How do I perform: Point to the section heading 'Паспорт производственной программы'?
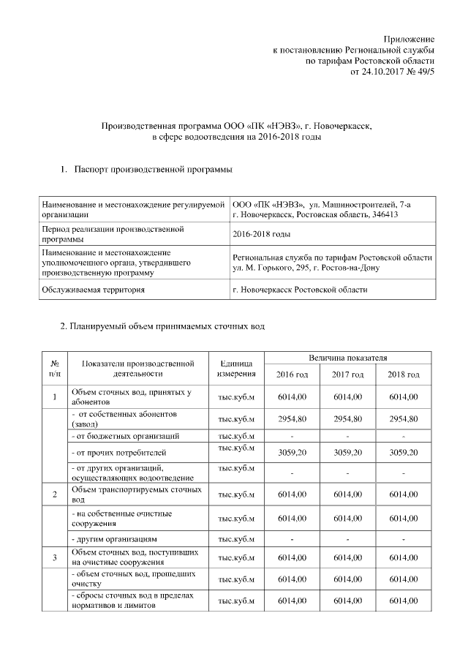pyautogui.click(x=153, y=170)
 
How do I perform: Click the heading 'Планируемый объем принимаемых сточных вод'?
pyautogui.click(x=162, y=326)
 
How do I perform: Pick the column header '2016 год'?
pyautogui.click(x=292, y=375)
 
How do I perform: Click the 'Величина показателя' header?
pyautogui.click(x=347, y=358)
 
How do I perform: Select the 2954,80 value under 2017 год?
pyautogui.click(x=348, y=419)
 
